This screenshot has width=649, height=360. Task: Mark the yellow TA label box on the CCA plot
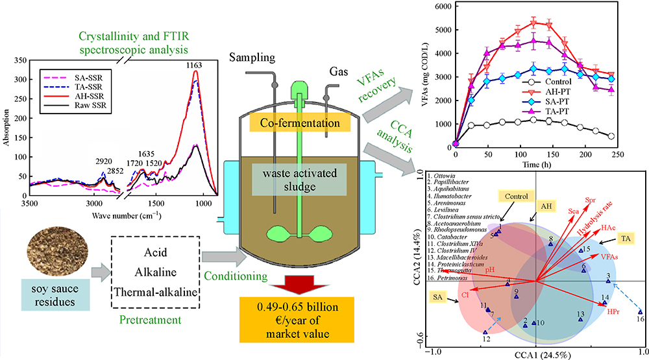point(625,238)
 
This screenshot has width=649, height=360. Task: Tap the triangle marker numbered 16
point(639,311)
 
